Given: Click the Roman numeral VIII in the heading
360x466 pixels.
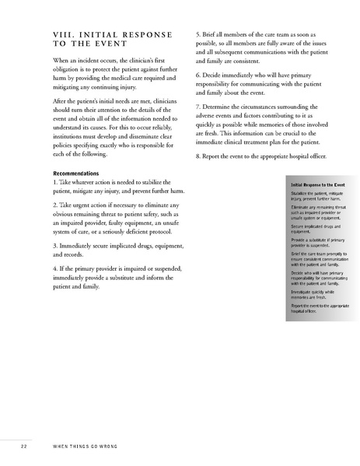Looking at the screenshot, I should click(x=40, y=35).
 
